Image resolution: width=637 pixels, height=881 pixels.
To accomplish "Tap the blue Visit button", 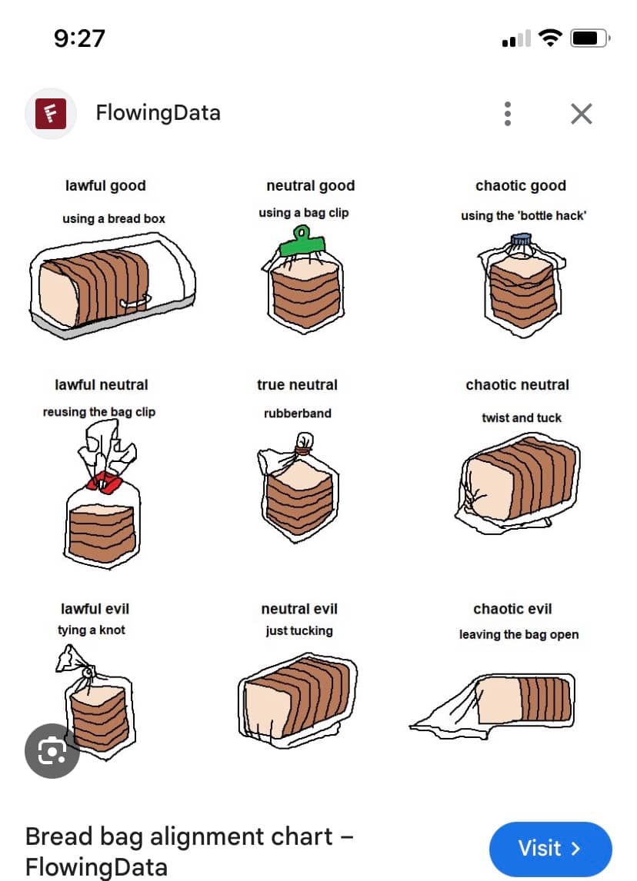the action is point(550,848).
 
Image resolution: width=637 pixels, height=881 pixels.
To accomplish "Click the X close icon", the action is point(582,114).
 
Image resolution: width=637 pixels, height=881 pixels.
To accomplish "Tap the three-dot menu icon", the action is point(508,114).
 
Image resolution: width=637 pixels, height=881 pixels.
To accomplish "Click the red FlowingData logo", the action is point(51,114).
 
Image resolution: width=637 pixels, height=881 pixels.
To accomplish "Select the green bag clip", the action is point(302,243).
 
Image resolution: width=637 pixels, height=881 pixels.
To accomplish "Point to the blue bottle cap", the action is point(521,240).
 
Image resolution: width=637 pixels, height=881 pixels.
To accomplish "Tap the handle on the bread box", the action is point(135,302).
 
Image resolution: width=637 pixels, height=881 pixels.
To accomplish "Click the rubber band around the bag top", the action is point(303,449).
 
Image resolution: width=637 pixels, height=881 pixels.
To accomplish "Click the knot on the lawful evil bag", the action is point(88,671).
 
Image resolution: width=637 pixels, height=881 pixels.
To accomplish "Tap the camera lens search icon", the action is point(52,750).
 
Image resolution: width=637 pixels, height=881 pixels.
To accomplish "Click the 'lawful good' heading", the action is point(105,185).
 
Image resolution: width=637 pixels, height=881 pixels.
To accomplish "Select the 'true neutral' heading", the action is point(298,385).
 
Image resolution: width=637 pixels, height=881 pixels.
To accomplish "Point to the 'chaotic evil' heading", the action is point(512,609).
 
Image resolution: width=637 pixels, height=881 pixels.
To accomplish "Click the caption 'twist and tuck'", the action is point(522,417).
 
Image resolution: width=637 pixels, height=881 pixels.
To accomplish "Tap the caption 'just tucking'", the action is point(299,631).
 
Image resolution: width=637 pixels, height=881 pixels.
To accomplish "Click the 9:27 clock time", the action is point(80,38).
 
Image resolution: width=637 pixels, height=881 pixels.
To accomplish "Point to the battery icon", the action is point(590,38).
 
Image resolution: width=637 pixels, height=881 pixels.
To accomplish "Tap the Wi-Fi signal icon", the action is point(550,38).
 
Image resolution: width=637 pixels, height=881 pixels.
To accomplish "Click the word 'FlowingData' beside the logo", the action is point(158,113).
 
